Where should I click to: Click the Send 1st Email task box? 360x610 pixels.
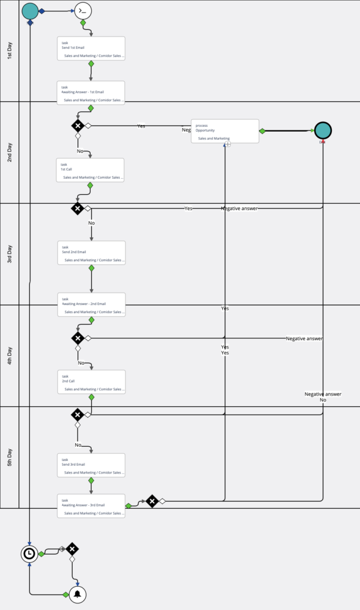[91, 48]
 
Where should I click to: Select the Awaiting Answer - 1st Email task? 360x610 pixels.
[91, 92]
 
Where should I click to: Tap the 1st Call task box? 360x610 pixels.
[90, 170]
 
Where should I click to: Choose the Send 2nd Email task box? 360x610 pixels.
[91, 253]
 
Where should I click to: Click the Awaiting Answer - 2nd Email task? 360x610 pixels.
[91, 304]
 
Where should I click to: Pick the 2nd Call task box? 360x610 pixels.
[91, 382]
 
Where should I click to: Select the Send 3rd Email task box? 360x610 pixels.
[91, 465]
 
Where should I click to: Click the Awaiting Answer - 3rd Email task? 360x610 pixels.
[91, 506]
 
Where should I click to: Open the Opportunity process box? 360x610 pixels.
[225, 131]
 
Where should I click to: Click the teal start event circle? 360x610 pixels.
[30, 11]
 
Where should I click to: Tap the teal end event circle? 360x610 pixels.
[322, 130]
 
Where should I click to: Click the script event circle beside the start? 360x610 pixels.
[83, 11]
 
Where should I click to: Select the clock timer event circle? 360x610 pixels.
[29, 553]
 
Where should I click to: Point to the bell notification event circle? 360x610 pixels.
[77, 595]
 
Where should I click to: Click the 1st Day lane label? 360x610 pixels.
[10, 51]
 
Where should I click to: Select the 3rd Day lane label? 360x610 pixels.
[10, 254]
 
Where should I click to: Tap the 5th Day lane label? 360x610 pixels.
[10, 457]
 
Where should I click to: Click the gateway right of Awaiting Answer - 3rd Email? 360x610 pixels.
[152, 501]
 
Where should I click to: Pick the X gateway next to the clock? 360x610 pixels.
[72, 549]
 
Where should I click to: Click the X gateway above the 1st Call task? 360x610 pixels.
[77, 125]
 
